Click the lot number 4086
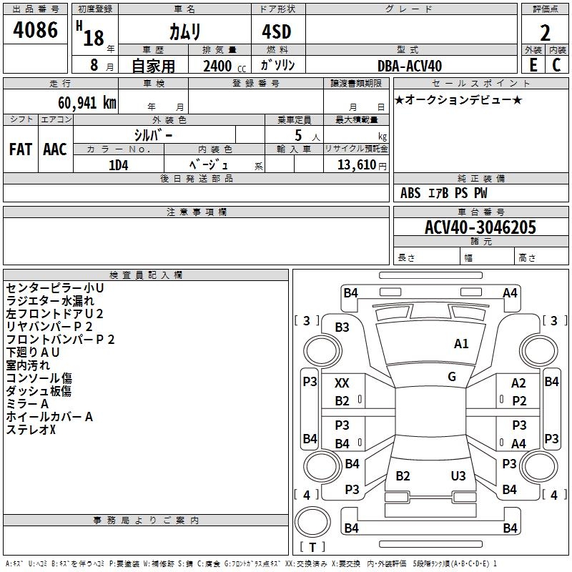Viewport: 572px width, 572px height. (x=35, y=30)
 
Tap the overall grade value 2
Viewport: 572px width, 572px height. (x=545, y=33)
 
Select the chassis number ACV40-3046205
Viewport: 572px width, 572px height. (x=480, y=227)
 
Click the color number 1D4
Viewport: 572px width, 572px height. (x=118, y=164)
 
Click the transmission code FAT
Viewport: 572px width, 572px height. (x=20, y=149)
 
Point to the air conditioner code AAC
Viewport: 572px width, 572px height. (x=55, y=149)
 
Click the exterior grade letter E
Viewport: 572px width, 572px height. (x=532, y=65)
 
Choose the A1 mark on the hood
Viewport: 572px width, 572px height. (x=461, y=344)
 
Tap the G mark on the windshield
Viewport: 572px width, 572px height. (x=451, y=377)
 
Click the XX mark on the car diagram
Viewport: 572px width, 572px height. (x=342, y=384)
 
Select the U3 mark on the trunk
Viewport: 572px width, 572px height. (x=458, y=476)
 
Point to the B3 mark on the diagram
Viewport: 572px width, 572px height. (x=342, y=327)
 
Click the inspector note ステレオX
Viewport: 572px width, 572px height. (x=31, y=430)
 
